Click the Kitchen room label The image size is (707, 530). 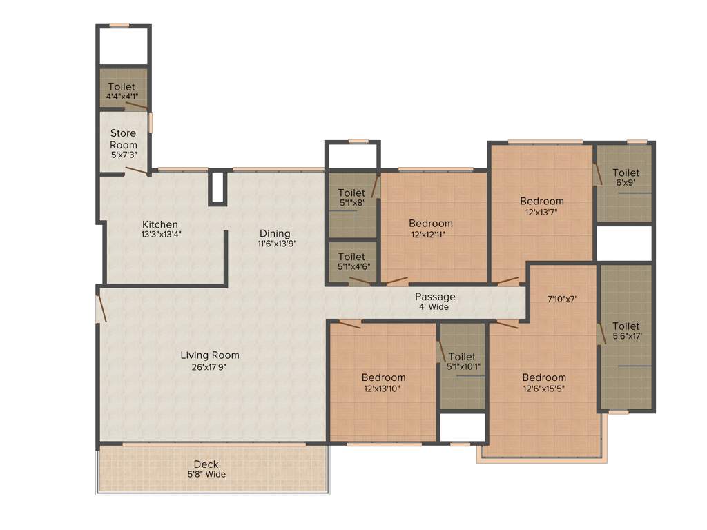160,224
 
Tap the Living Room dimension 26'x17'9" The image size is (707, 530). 210,367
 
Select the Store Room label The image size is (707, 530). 124,139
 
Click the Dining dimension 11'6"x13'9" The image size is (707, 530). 274,244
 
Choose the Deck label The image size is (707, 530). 206,464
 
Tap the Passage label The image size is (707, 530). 435,297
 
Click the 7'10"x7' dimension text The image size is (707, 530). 561,299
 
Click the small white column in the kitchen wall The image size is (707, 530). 218,188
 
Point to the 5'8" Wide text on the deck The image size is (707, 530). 206,474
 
